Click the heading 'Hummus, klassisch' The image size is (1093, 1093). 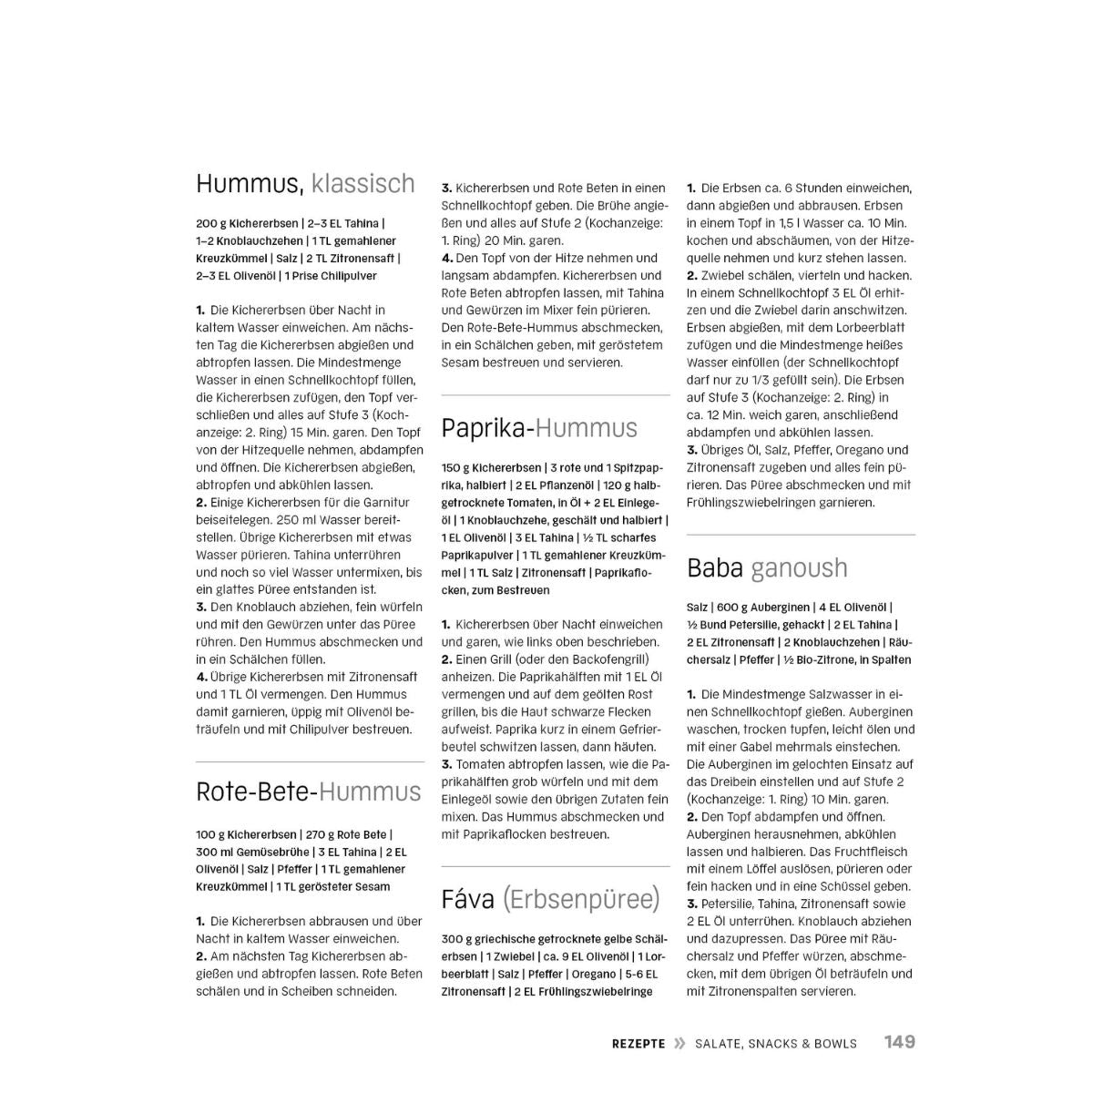pos(305,184)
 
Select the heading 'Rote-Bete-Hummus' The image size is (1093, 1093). pos(309,792)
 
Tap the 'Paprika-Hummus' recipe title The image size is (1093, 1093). pos(539,428)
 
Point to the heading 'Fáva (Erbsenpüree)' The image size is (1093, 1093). pos(550,900)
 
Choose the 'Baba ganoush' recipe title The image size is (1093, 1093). pos(767,568)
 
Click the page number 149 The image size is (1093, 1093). pos(899,1042)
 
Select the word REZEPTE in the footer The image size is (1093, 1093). pos(638,1044)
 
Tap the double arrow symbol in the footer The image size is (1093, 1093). pos(679,1044)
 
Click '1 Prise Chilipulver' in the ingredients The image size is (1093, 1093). pos(331,276)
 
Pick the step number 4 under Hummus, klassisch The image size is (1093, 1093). pos(201,677)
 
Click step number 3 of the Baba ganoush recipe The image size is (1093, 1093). pos(692,904)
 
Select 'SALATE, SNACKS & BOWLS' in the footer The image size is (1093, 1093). pos(775,1044)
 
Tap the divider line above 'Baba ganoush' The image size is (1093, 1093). pos(801,535)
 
